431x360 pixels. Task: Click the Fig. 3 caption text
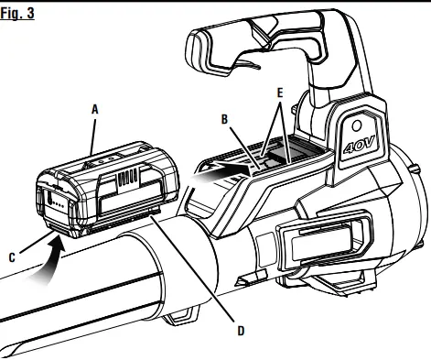coord(18,16)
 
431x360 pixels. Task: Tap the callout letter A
coord(95,107)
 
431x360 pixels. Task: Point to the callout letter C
coord(12,258)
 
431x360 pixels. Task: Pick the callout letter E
coord(280,93)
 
